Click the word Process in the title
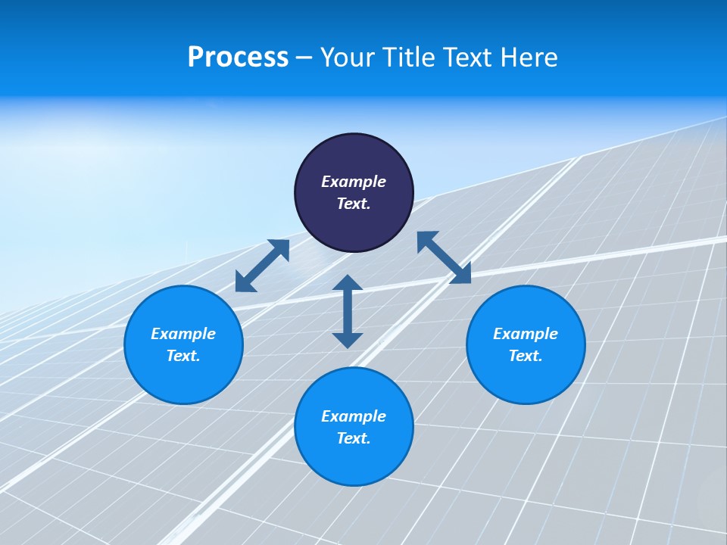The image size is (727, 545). click(238, 58)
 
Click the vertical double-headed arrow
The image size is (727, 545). click(348, 311)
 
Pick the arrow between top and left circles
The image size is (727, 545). click(262, 266)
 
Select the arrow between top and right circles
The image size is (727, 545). click(445, 257)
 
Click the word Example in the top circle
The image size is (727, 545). click(354, 182)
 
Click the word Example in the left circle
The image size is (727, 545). click(183, 334)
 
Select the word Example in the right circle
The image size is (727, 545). click(526, 334)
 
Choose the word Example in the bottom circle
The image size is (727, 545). click(354, 416)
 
